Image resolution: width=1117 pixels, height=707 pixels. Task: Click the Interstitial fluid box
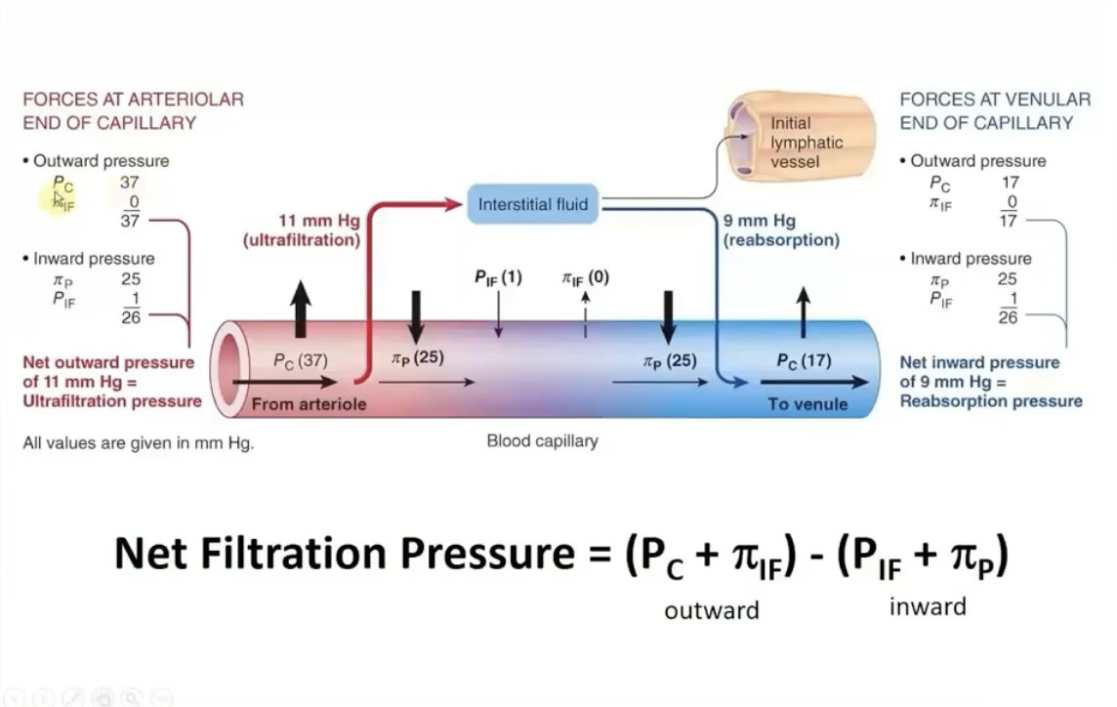[533, 204]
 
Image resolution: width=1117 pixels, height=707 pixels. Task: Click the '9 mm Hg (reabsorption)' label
[781, 230]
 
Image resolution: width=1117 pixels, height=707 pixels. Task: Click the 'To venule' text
[807, 404]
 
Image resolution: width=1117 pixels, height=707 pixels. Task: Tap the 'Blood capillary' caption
[542, 441]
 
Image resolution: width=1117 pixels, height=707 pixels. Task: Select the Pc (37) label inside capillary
[300, 360]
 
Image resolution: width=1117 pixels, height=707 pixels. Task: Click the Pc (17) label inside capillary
[803, 360]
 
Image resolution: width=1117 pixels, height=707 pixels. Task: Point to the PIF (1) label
[498, 278]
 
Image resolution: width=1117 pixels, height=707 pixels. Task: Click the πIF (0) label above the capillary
[585, 278]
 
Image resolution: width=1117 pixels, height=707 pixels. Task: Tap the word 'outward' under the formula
[711, 610]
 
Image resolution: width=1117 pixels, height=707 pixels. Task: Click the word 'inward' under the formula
[927, 607]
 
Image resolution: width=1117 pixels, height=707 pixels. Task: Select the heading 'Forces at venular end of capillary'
[994, 110]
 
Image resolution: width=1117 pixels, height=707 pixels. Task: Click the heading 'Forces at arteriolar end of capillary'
[133, 110]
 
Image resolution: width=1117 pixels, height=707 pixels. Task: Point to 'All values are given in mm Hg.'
[138, 442]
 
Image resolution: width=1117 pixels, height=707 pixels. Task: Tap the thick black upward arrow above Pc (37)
[301, 308]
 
